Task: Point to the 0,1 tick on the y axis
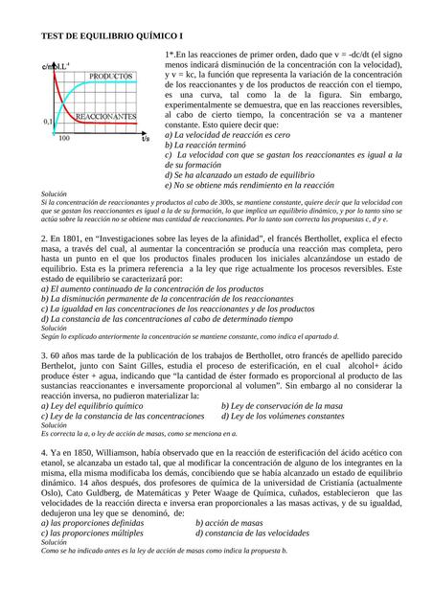coord(48,123)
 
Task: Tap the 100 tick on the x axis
coord(64,139)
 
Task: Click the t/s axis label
coord(146,139)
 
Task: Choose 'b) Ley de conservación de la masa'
coord(282,405)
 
